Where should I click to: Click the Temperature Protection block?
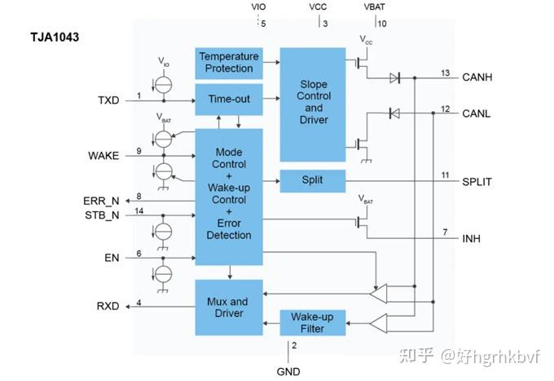(x=229, y=63)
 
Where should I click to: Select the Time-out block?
(x=229, y=100)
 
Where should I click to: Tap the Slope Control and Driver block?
(x=313, y=104)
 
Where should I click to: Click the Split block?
(x=313, y=181)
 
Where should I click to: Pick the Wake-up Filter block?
(x=313, y=322)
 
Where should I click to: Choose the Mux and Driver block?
(x=229, y=308)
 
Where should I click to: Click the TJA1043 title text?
(x=55, y=38)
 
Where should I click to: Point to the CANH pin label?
(x=477, y=78)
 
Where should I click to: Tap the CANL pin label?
(x=477, y=113)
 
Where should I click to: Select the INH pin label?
(x=472, y=238)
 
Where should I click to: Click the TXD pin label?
(x=108, y=100)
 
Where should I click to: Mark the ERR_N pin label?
(x=101, y=201)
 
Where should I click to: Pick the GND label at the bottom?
(x=288, y=371)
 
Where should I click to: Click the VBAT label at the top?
(x=374, y=7)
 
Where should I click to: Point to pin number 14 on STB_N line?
(x=138, y=210)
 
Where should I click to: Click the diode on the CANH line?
(x=394, y=78)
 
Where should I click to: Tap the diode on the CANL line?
(x=394, y=113)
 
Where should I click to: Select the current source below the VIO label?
(x=163, y=85)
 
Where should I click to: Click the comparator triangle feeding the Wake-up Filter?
(x=378, y=323)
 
